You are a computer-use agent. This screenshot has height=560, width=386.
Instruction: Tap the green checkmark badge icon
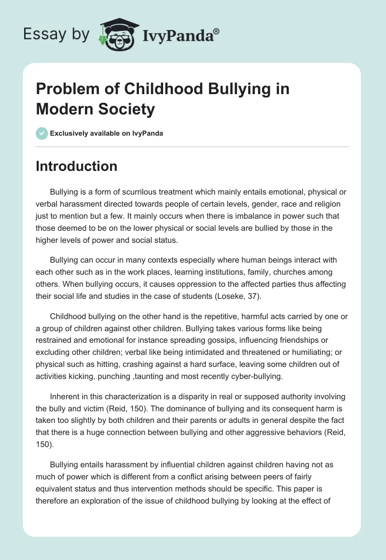click(x=42, y=133)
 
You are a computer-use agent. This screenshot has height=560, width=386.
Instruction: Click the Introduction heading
click(x=76, y=166)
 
